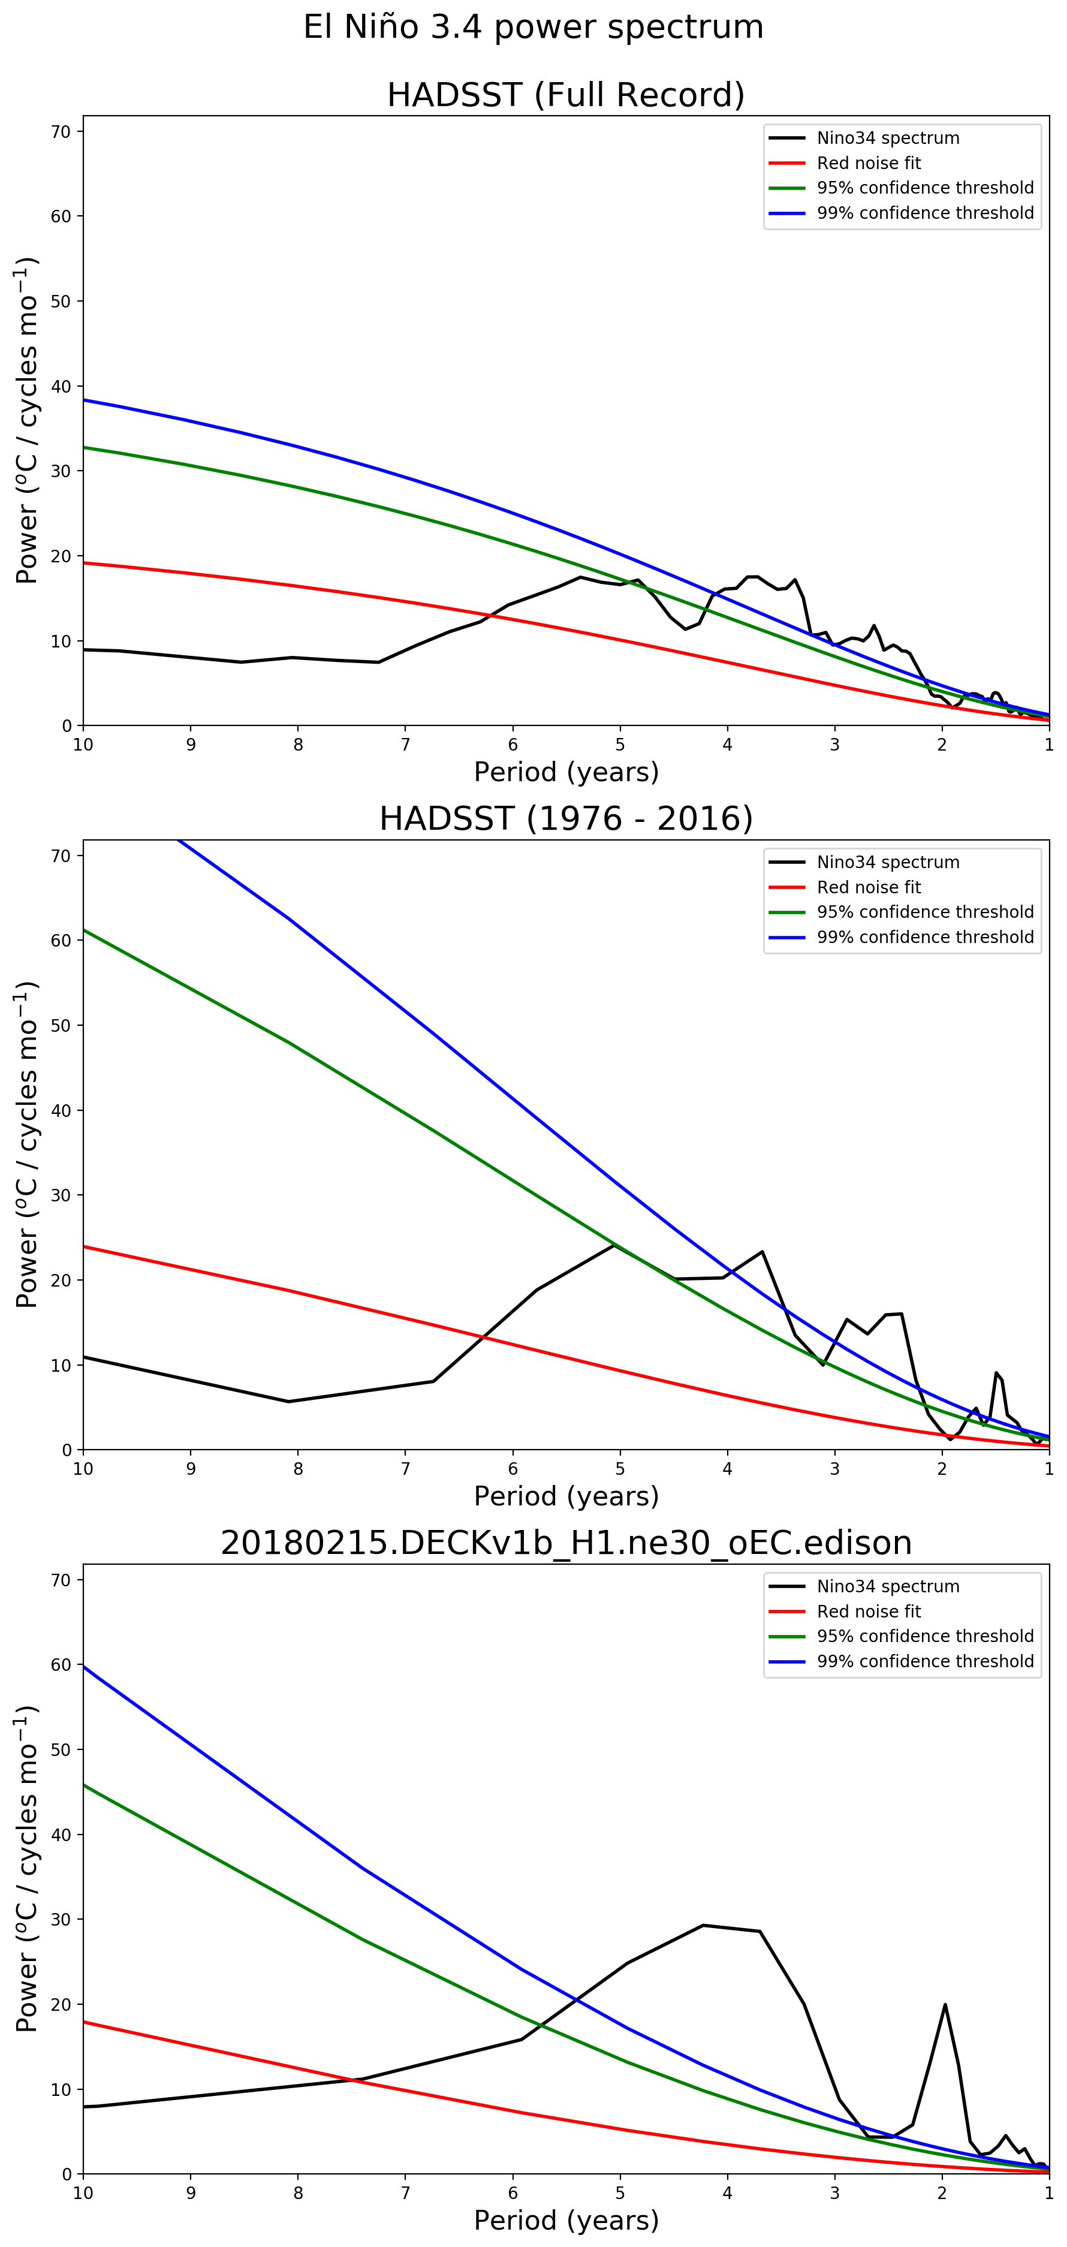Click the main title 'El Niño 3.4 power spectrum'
pos(533,27)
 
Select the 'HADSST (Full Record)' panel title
pos(565,94)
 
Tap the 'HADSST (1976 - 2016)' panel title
pos(565,818)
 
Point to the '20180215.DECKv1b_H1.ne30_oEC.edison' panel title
pos(565,1543)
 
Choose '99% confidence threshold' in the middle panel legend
pos(925,937)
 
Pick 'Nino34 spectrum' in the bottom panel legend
pos(887,1587)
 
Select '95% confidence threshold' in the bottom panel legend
pos(925,1637)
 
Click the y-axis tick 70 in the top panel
pos(61,132)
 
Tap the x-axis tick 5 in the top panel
pos(620,745)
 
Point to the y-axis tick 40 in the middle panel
pos(61,1110)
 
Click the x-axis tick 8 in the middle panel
pos(297,1469)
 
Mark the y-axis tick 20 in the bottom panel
pos(61,2005)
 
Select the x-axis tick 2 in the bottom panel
pos(942,2194)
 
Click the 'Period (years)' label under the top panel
pos(565,772)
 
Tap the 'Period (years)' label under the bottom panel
pos(565,2221)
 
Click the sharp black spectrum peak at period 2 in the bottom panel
pos(945,2005)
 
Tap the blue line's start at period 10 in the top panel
pos(85,399)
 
